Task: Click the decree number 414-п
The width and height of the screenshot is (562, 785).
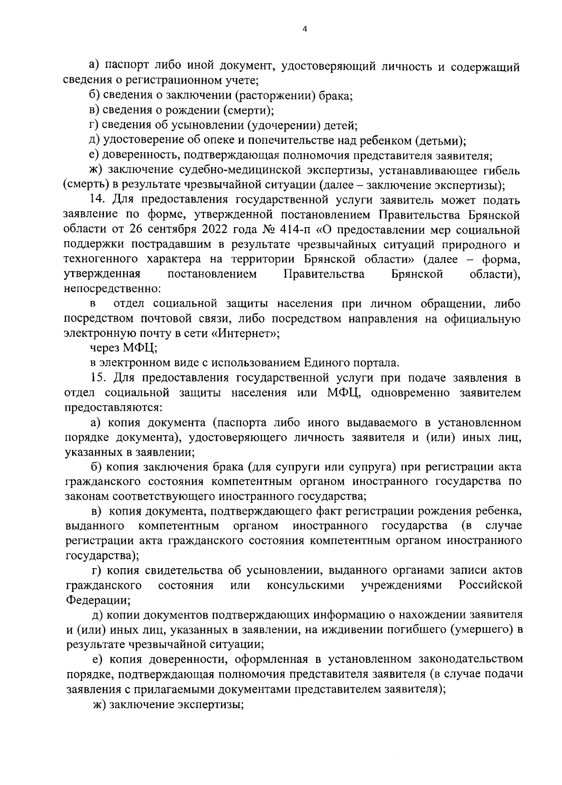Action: [x=267, y=230]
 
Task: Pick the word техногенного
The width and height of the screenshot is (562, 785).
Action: [x=96, y=259]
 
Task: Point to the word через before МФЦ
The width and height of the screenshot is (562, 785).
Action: [x=105, y=348]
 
